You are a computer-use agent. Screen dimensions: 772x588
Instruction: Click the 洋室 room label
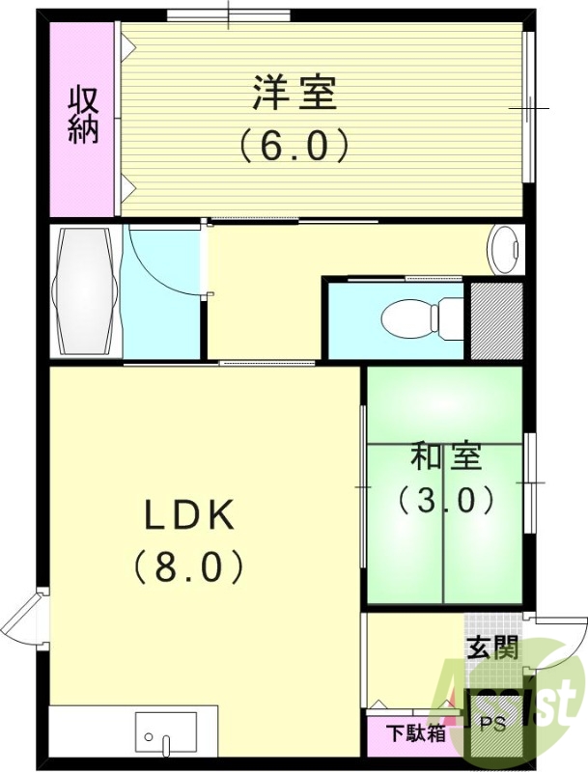(294, 95)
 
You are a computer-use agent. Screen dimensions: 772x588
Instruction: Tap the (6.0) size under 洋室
(294, 146)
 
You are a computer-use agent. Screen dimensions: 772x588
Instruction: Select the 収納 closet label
(83, 115)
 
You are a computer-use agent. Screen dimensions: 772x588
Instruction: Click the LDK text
(189, 516)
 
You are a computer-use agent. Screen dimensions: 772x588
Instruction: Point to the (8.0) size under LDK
(189, 566)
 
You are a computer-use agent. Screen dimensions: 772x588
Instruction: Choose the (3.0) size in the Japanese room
(445, 500)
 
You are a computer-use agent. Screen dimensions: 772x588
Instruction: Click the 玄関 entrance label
(491, 648)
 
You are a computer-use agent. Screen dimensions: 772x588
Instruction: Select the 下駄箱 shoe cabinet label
(417, 733)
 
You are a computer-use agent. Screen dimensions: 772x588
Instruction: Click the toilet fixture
(423, 316)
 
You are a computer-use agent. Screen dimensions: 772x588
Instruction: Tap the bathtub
(87, 290)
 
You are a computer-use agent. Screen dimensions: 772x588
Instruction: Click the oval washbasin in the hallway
(504, 251)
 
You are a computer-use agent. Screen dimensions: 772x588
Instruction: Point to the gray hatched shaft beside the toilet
(495, 319)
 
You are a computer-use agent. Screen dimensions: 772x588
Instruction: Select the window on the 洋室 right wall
(528, 107)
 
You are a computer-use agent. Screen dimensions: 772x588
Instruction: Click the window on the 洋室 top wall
(228, 14)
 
